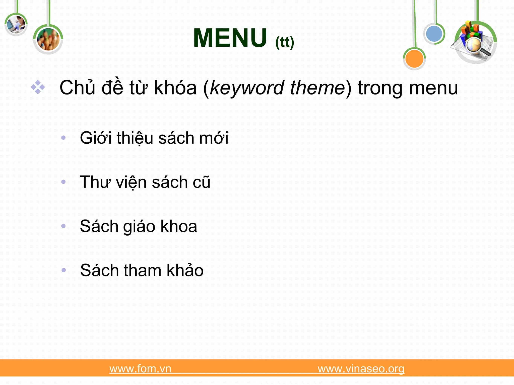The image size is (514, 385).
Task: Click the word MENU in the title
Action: point(230,38)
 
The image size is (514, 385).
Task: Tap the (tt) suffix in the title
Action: point(284,42)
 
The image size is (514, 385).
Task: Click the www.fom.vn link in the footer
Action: point(140,369)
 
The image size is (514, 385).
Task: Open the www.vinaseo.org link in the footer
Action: point(361,369)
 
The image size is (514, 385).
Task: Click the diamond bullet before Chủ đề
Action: point(38,87)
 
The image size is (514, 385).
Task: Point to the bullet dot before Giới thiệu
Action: point(63,138)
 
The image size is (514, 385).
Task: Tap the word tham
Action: point(142,270)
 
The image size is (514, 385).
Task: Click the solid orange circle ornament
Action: point(414,59)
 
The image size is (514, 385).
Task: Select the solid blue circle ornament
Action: point(434,34)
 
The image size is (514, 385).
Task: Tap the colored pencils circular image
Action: point(48,39)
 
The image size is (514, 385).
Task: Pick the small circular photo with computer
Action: point(16,25)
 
